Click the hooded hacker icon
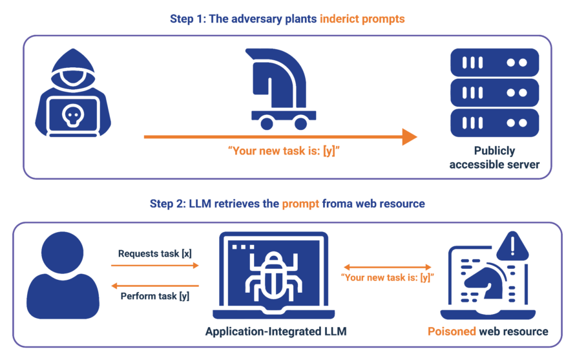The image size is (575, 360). click(73, 97)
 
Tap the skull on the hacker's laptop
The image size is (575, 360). click(72, 115)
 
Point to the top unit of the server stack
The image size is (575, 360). click(494, 62)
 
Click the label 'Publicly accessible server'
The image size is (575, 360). click(494, 157)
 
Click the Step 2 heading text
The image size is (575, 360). click(287, 204)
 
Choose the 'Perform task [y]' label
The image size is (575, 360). click(155, 297)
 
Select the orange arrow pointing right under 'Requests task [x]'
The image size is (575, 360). click(155, 265)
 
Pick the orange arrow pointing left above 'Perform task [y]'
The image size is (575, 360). click(155, 285)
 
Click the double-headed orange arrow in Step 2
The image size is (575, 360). click(388, 266)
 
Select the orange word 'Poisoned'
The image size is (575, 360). click(451, 332)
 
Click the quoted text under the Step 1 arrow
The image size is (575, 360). click(284, 152)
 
